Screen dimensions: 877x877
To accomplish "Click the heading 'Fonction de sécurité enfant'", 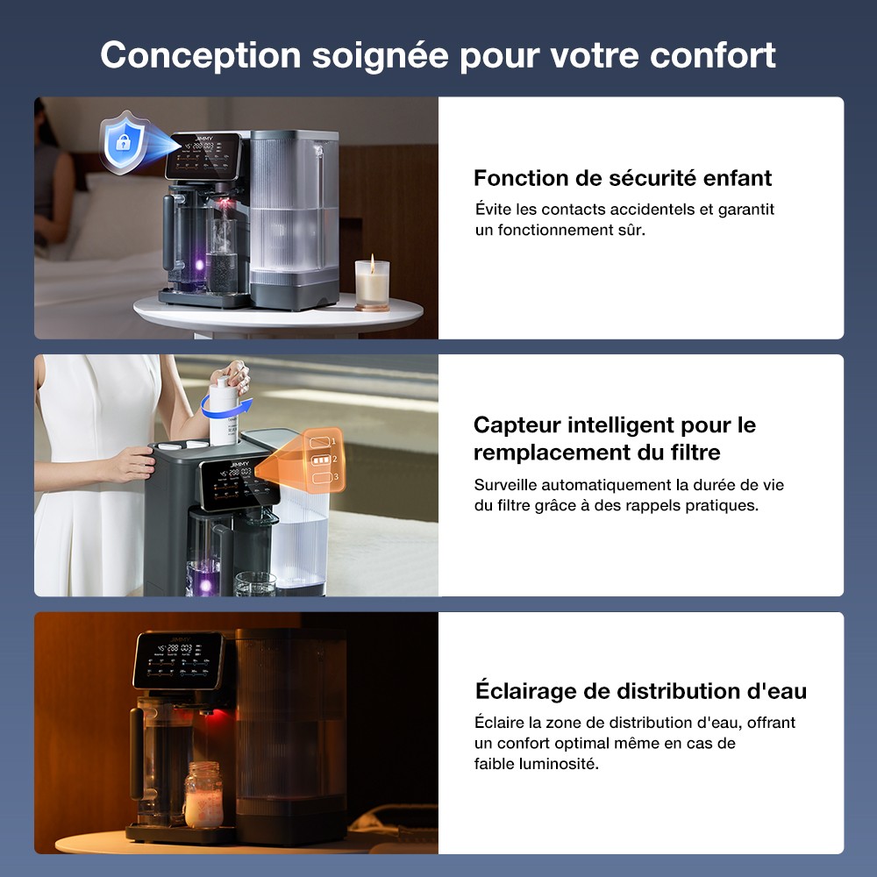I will point(623,178).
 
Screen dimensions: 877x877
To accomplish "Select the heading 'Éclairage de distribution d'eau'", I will point(640,691).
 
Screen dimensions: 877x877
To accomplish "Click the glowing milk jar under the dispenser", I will point(203,796).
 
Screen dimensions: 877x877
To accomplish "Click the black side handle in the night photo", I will point(136,752).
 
